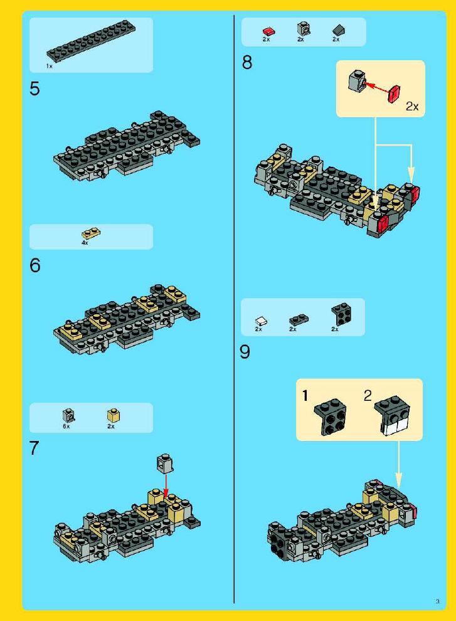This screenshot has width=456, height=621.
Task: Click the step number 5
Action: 35,88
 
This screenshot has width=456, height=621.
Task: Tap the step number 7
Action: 34,448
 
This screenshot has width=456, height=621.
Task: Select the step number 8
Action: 247,63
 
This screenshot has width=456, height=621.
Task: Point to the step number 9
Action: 245,352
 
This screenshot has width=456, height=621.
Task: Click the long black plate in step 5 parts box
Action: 92,40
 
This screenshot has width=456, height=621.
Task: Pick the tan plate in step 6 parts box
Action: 91,234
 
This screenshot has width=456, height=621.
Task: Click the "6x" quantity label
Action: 66,427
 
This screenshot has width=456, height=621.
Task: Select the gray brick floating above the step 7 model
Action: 166,464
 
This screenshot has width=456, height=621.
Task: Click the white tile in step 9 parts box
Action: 261,321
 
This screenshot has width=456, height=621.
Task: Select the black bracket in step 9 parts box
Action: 342,314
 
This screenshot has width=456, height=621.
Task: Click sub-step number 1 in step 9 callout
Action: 305,396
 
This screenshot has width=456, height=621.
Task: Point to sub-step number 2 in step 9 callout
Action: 368,395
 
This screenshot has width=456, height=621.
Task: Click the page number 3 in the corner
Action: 437,601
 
